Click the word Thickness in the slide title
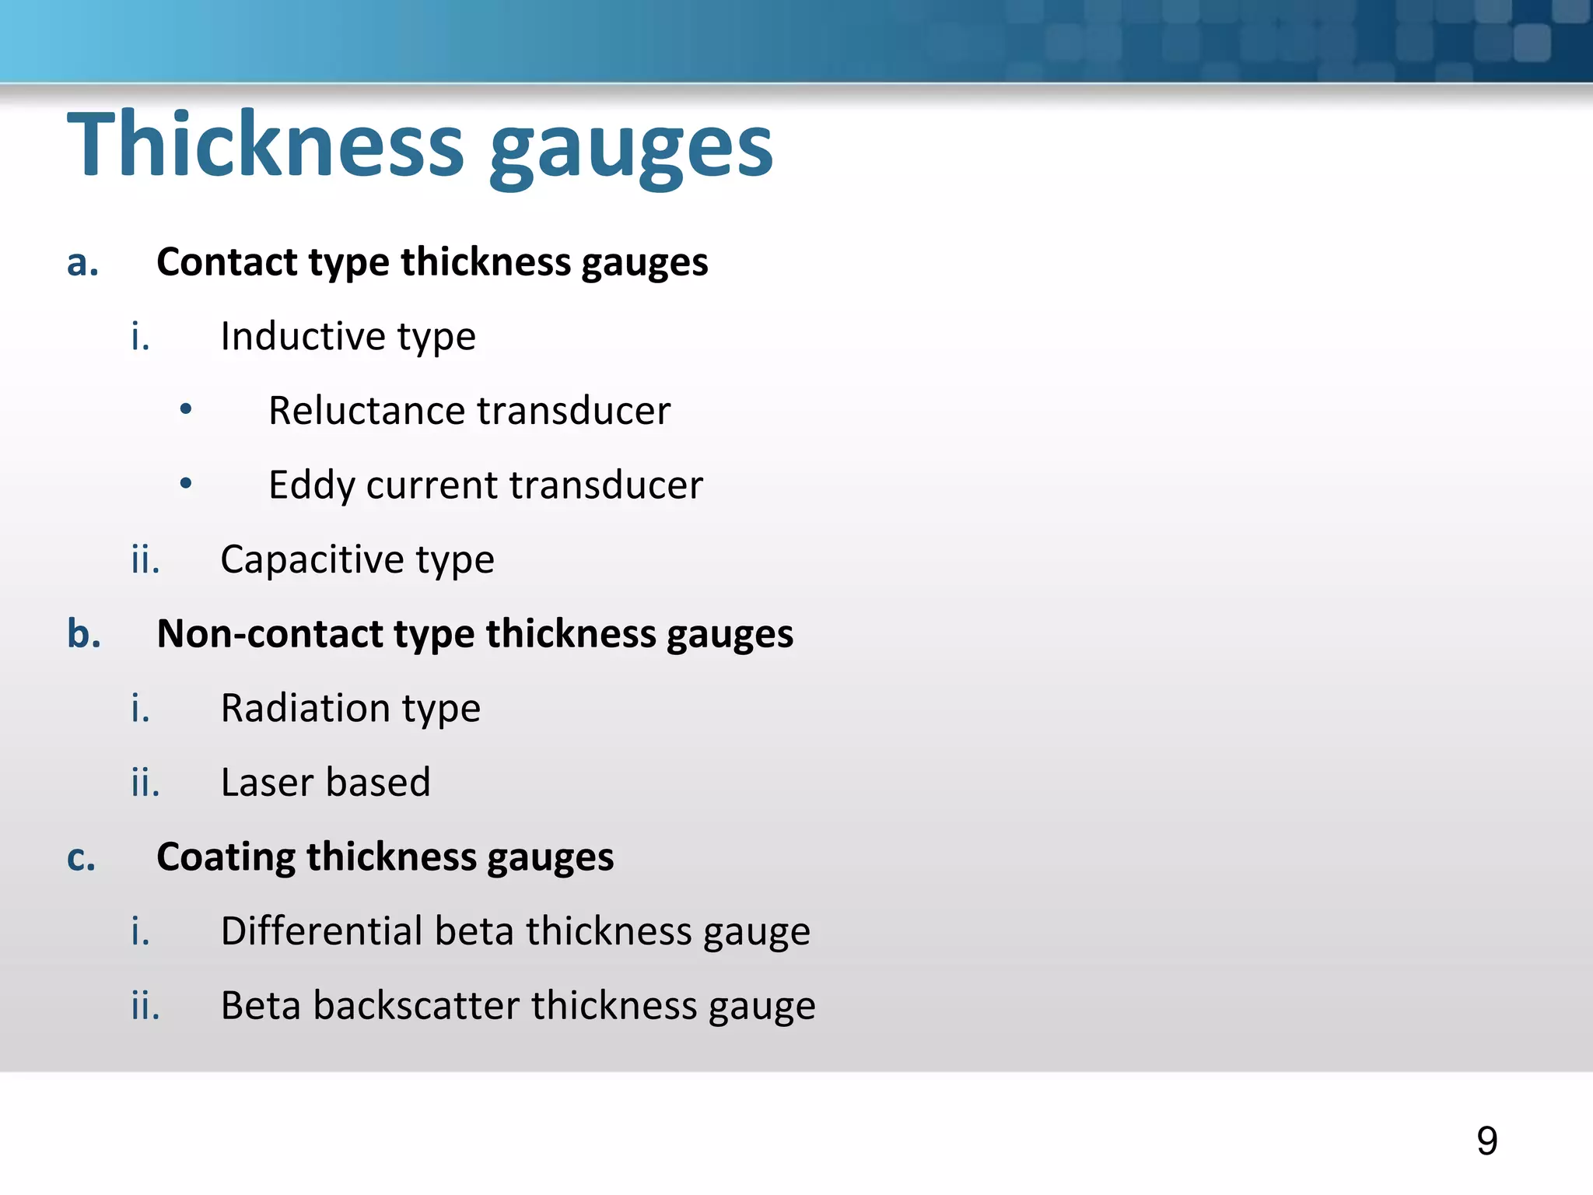coord(265,144)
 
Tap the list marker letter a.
coord(82,263)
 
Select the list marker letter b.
coord(84,633)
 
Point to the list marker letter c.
coord(82,857)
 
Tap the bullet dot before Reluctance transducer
coord(185,409)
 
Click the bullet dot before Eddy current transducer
coord(185,484)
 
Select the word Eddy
coord(312,485)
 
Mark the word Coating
coord(226,857)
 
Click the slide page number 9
coord(1486,1141)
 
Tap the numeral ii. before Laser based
coord(145,783)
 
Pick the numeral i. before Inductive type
coord(140,336)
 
